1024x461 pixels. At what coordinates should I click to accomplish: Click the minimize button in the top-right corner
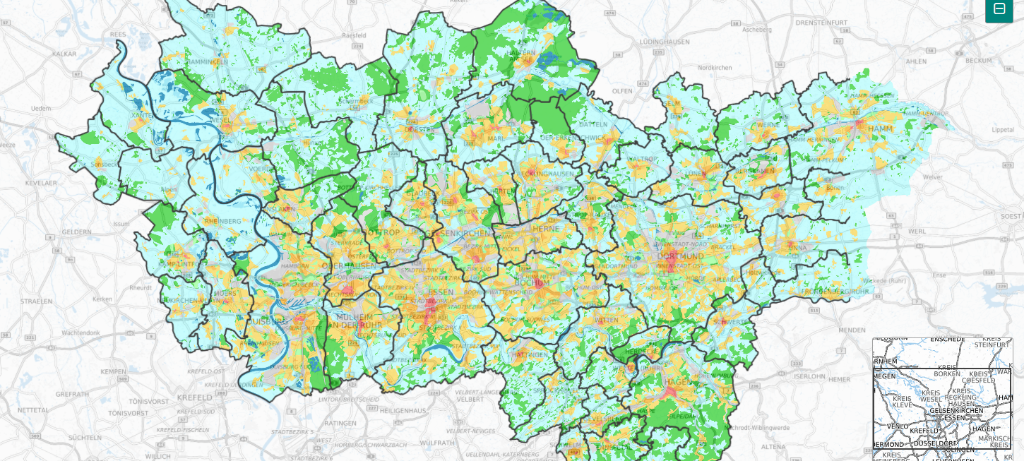coord(999,9)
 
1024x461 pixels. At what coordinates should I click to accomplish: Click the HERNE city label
coord(546,229)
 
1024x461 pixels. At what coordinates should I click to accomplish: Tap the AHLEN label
coord(915,61)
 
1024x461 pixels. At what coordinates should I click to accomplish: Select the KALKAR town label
coord(64,54)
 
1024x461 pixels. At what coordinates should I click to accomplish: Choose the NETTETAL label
coord(33,409)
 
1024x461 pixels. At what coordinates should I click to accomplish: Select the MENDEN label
coord(852,330)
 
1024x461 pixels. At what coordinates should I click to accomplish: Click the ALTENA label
coord(773,446)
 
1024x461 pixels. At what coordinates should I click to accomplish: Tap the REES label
coord(118,33)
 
